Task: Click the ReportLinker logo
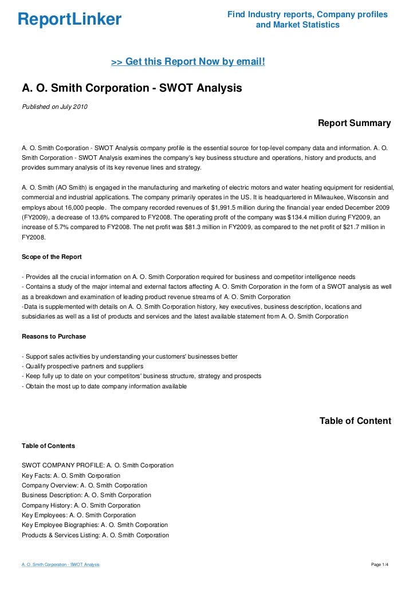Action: pos(69,19)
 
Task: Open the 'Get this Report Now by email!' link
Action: pos(188,61)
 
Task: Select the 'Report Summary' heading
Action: pos(354,123)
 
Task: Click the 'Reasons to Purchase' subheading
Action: pos(54,336)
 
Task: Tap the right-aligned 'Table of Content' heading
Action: pos(355,421)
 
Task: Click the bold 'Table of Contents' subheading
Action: pos(48,445)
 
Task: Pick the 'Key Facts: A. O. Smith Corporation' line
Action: pos(71,475)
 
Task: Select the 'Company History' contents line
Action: pos(81,505)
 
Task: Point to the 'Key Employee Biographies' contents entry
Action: pos(95,525)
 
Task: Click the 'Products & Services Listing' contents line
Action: pos(95,535)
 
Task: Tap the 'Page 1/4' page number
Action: pos(380,565)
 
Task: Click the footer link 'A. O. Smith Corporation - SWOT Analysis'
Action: pos(61,565)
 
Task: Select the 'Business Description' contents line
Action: pos(86,495)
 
